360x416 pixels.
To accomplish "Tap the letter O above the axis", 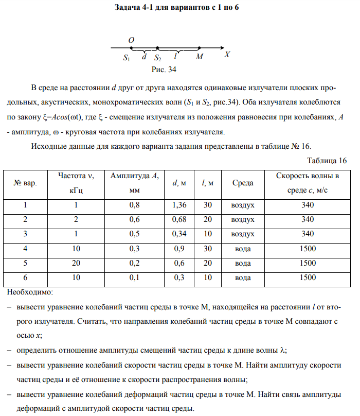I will coord(131,40).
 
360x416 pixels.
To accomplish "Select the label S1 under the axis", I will coord(127,59).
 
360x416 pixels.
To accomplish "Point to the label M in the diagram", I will coord(199,57).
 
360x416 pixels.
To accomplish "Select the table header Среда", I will coord(242,183).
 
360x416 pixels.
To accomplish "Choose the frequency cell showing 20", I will coord(76,263).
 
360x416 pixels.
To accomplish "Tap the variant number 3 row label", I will coord(25,234).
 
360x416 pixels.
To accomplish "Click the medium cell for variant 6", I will coord(242,278).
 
